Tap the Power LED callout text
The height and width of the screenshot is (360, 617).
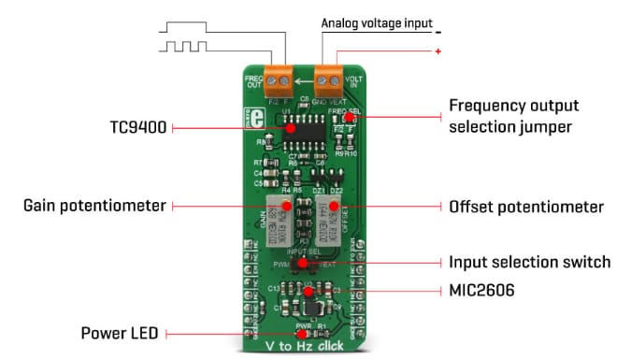point(118,332)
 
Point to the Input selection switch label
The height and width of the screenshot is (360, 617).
point(529,262)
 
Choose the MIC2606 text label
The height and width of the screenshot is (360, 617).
point(480,292)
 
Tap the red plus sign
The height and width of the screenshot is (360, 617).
point(438,51)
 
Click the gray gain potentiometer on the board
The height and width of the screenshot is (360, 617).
point(279,215)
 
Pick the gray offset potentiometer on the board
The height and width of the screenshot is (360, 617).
point(330,215)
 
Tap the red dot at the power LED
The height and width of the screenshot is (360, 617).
point(301,333)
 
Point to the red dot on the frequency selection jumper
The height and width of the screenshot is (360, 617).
point(347,118)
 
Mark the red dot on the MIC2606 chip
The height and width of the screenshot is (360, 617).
point(305,291)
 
